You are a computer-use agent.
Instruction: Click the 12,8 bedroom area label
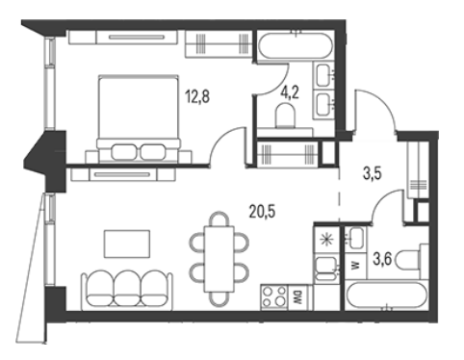pos(197,96)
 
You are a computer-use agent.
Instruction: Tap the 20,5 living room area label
pos(263,212)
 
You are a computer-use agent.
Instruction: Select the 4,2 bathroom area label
pos(290,93)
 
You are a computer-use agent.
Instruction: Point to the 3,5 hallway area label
pos(372,174)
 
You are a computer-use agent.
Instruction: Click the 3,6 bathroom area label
pos(382,259)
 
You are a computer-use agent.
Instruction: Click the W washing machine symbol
pos(355,265)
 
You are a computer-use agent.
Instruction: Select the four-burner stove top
pos(274,297)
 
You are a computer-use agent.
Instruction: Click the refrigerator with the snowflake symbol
pos(326,240)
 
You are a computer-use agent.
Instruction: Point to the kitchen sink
pos(326,269)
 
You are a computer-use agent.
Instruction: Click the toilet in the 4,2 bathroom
pos(285,115)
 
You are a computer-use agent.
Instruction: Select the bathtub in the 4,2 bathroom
pos(296,45)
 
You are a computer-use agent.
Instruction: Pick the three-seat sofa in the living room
pos(127,291)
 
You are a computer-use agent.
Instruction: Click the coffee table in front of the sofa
pos(127,244)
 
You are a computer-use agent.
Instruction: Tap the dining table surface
pos(219,259)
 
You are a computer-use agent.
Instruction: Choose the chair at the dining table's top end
pos(219,219)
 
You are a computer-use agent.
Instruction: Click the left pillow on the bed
pos(124,152)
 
